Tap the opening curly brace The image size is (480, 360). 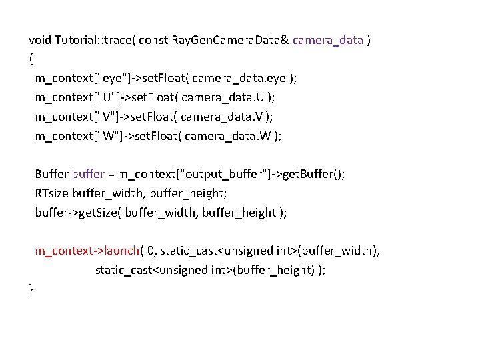31,59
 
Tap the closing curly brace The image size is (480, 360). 31,289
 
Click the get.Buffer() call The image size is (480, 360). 313,175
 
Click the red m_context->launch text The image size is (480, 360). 87,251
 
